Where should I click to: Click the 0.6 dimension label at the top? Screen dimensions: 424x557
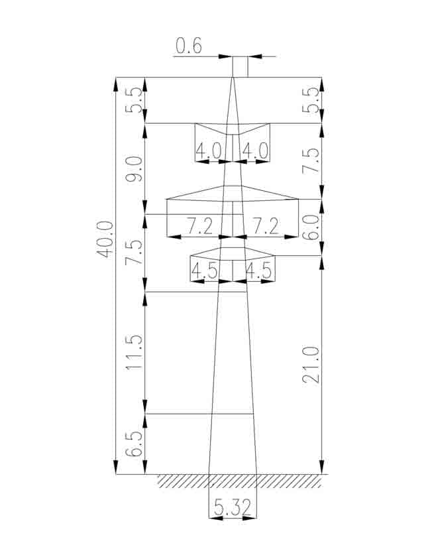pos(189,46)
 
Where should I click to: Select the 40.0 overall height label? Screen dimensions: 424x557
pos(105,239)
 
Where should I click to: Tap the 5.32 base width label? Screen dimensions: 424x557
pos(233,507)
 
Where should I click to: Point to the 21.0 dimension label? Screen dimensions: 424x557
pos(311,365)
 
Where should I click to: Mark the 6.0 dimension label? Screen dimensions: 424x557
pos(311,227)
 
